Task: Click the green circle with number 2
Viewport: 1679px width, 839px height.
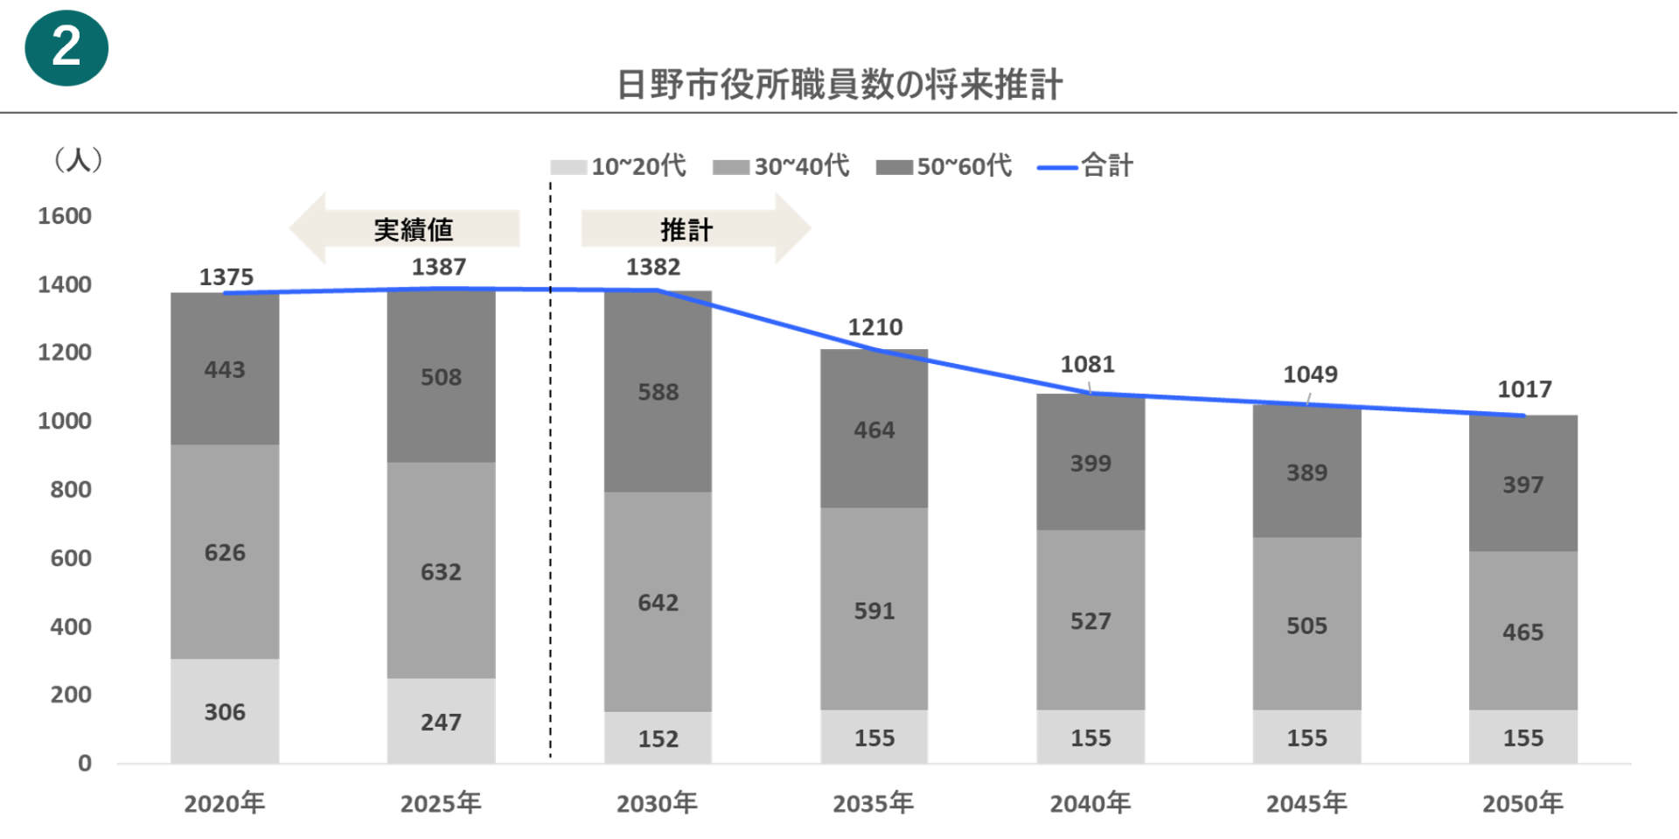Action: coord(66,48)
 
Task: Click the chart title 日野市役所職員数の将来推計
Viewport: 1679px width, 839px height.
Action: coord(839,85)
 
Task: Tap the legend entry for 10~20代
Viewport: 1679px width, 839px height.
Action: coord(618,166)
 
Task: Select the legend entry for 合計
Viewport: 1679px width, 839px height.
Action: coord(1085,166)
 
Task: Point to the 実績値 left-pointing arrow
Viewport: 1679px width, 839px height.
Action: coord(405,228)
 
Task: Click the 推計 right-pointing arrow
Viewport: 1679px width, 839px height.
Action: coord(695,228)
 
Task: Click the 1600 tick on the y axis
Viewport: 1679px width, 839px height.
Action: coord(65,216)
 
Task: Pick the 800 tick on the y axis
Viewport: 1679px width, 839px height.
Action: coord(71,490)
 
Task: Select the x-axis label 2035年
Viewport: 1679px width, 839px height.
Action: coord(873,803)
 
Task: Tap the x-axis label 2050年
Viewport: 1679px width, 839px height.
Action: coord(1522,803)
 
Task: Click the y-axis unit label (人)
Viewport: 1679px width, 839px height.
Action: coord(79,160)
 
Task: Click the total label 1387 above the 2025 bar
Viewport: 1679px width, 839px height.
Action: coord(439,267)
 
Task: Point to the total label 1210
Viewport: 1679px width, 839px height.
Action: coord(874,327)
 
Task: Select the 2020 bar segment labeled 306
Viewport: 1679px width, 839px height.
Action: coord(225,711)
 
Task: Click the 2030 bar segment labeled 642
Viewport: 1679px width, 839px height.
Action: coord(658,602)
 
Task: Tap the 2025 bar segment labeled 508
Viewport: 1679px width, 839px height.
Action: coord(441,377)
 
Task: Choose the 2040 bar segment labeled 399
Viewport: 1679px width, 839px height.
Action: coord(1090,463)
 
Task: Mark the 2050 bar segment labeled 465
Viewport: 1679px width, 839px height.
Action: coord(1522,632)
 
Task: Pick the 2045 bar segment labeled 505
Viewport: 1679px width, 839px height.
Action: coord(1306,625)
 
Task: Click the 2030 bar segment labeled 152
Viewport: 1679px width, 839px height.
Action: coord(658,738)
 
